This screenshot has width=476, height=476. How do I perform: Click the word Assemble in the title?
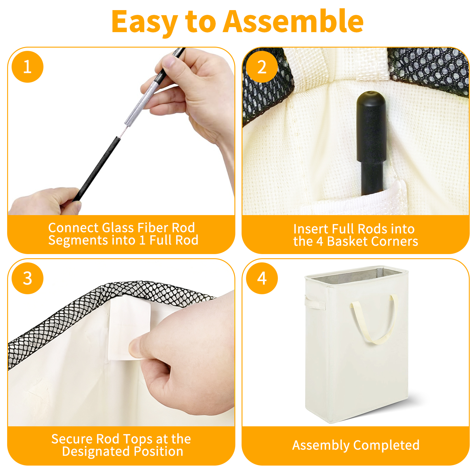(293, 21)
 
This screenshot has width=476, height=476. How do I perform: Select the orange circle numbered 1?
(27, 67)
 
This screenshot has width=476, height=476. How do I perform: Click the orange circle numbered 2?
(262, 67)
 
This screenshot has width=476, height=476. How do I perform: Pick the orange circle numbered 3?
(27, 278)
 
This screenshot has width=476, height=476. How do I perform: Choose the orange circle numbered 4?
(262, 278)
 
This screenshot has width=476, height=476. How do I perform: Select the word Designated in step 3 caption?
(96, 451)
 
